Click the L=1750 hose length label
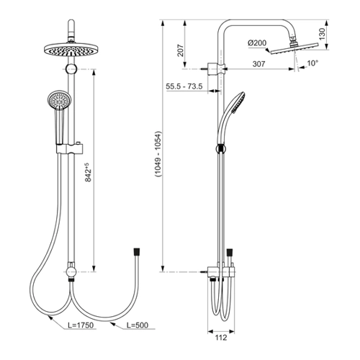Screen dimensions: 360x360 coord(81,325)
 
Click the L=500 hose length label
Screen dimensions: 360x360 coord(138,325)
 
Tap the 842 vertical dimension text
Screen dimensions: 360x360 coord(88,172)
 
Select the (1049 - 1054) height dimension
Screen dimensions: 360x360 coord(158,154)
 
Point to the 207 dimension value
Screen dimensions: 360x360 coord(180,50)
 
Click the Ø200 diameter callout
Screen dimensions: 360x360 coord(257,43)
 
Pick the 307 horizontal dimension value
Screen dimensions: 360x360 coord(258,64)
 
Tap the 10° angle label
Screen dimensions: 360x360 coord(312,63)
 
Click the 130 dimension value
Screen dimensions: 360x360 coord(323,34)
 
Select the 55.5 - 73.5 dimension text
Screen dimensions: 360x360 coord(184,86)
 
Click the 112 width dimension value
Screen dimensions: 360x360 coord(221,338)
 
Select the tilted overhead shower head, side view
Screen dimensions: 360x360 coord(294,48)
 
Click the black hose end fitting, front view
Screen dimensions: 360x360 coord(137,252)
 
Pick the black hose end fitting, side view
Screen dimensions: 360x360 coord(230,253)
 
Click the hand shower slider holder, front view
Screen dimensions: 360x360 coord(71,149)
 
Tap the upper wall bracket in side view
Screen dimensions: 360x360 coord(217,69)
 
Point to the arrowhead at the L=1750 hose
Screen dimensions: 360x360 coord(50,318)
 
